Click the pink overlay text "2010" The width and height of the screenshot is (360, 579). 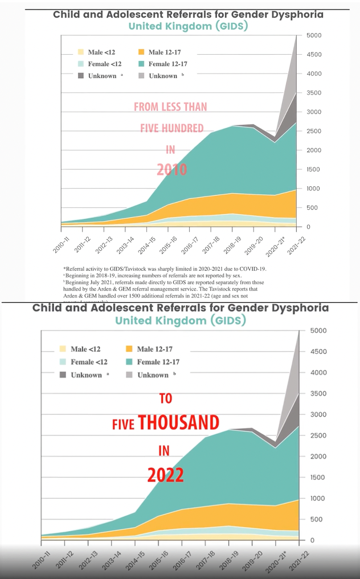pos(172,169)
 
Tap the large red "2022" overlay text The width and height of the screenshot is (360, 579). pos(165,475)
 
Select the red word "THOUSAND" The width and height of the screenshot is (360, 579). pos(178,423)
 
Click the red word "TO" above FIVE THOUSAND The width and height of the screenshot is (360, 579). pos(165,398)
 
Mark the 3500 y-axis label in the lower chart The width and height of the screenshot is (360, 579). pos(319,393)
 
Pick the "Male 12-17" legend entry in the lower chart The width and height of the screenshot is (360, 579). pos(154,349)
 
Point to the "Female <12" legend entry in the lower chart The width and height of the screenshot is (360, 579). pos(89,362)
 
